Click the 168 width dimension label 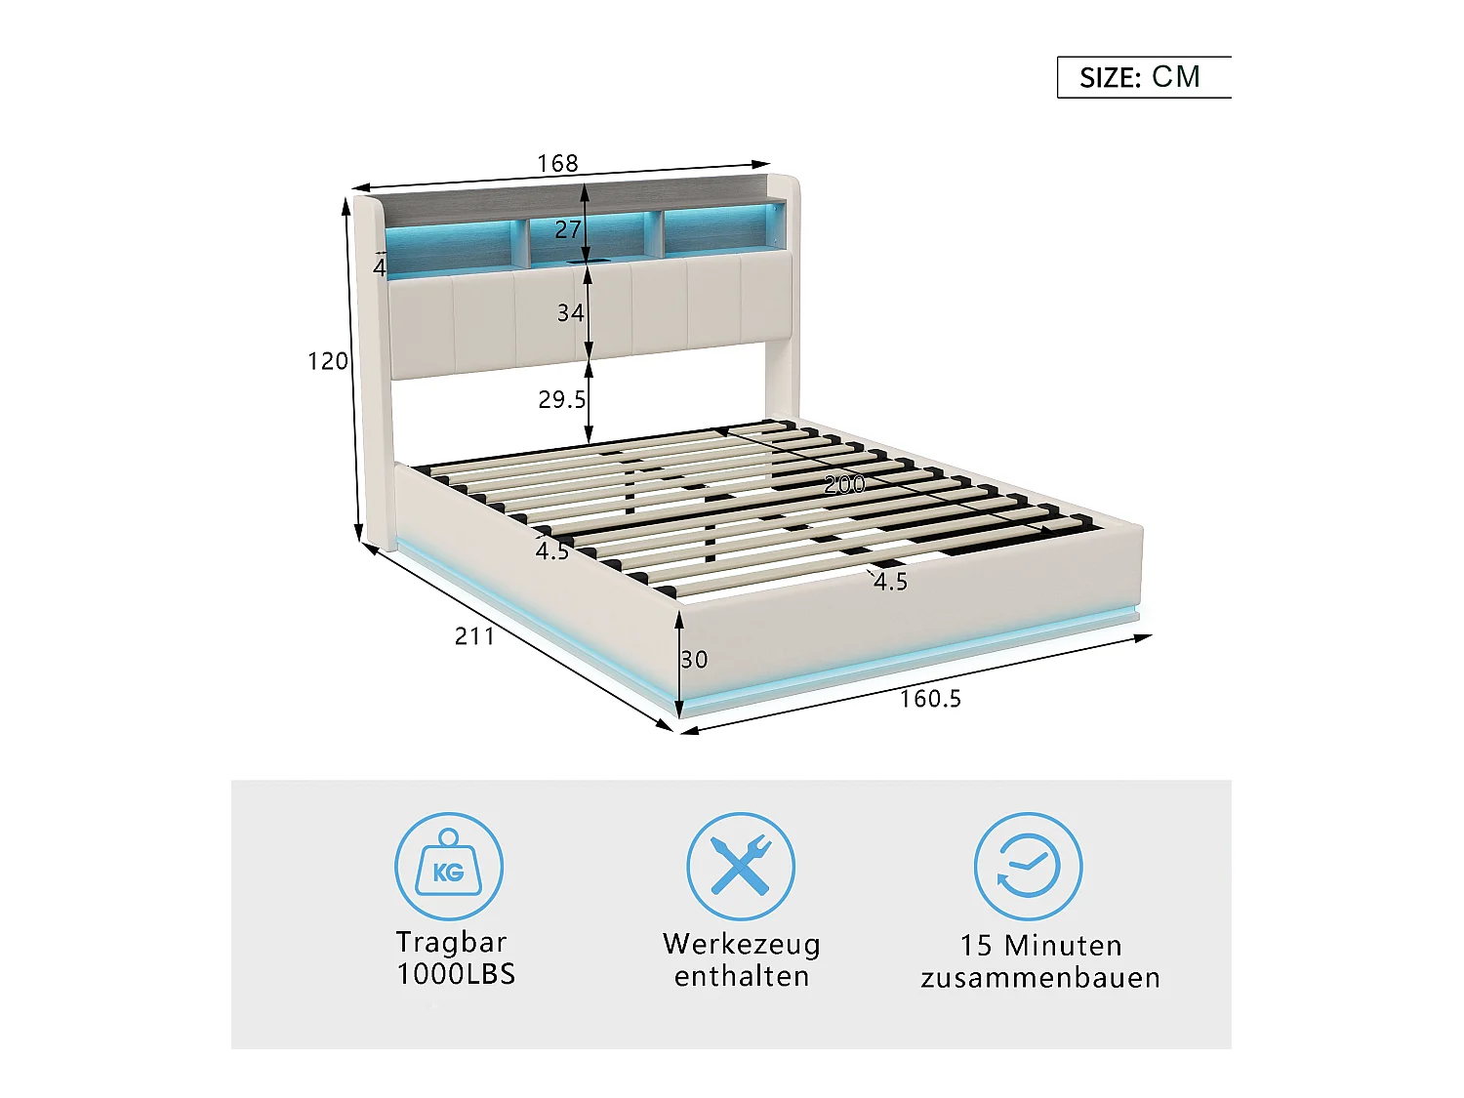pyautogui.click(x=557, y=163)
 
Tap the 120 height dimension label pyautogui.click(x=328, y=361)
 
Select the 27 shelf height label pyautogui.click(x=568, y=229)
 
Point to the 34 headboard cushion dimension pyautogui.click(x=571, y=312)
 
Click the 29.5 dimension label pyautogui.click(x=561, y=399)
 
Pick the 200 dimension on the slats pyautogui.click(x=844, y=484)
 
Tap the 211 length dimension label pyautogui.click(x=475, y=636)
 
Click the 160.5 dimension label pyautogui.click(x=930, y=699)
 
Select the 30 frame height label pyautogui.click(x=694, y=660)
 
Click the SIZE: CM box pyautogui.click(x=1143, y=77)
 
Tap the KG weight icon pyautogui.click(x=448, y=866)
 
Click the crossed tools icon pyautogui.click(x=741, y=866)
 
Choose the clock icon pyautogui.click(x=1028, y=866)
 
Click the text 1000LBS pyautogui.click(x=456, y=974)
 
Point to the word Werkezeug pyautogui.click(x=742, y=944)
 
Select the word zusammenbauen pyautogui.click(x=1040, y=978)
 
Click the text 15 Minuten pyautogui.click(x=1040, y=946)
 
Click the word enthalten pyautogui.click(x=742, y=977)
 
